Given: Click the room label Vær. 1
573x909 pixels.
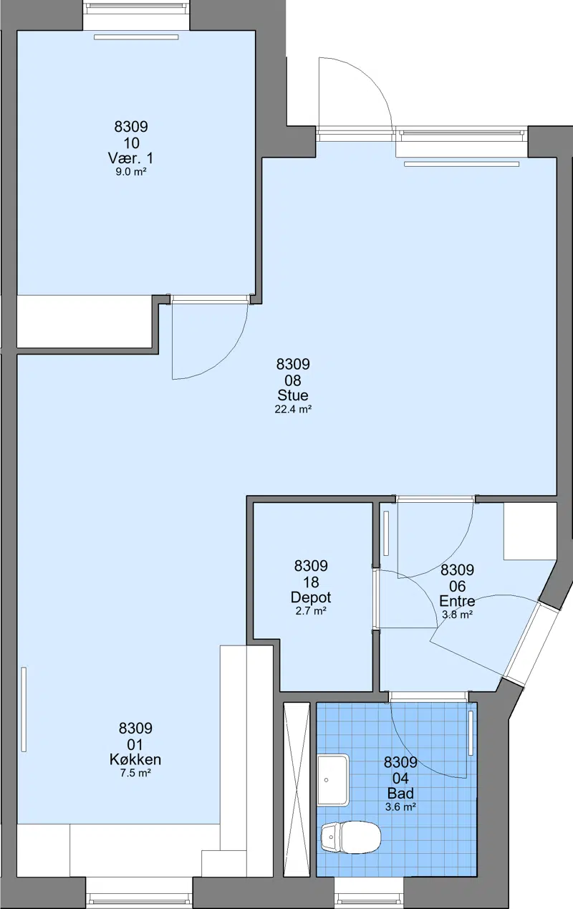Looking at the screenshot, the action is (130, 158).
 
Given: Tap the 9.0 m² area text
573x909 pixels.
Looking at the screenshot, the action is (130, 172).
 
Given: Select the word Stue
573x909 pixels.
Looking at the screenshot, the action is (293, 395).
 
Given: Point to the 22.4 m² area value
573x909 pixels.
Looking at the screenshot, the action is (293, 409).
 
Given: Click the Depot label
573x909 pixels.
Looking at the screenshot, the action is (311, 597).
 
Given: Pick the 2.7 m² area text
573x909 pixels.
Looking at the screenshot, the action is (311, 611).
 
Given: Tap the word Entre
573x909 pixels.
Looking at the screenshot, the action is (457, 600).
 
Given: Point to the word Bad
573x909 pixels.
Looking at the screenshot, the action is (400, 793).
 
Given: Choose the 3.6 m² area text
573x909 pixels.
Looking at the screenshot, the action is (400, 807).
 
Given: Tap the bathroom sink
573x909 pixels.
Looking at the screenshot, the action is (333, 780).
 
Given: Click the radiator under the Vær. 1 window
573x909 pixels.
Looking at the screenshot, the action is (136, 37).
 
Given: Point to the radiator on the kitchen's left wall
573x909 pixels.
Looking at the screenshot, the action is (24, 709).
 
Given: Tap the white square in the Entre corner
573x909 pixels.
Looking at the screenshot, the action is (530, 532).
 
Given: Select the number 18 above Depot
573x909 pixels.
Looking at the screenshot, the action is (311, 582).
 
